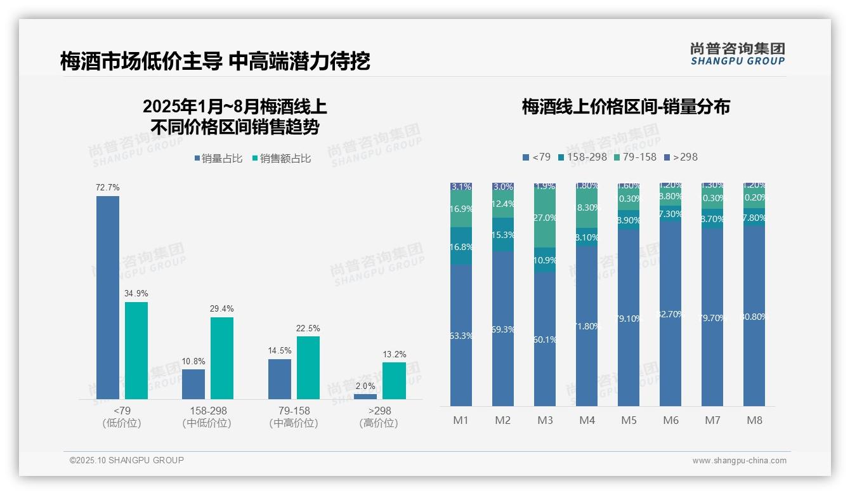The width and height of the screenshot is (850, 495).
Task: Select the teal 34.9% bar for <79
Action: pos(136,350)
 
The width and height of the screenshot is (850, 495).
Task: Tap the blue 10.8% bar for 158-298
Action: pos(193,384)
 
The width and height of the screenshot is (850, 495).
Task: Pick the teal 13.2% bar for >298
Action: pos(394,380)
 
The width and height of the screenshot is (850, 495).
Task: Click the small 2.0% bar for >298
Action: pos(365,396)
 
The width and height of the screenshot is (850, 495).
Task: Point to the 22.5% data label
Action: pos(308,329)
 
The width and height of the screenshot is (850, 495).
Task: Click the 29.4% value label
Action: pos(222,309)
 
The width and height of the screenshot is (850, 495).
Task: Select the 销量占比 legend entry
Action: pos(218,159)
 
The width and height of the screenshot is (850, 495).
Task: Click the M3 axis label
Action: pos(545,420)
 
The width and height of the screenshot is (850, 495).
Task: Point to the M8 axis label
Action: pos(754,420)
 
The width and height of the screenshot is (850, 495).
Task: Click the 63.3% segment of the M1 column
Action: pos(461,335)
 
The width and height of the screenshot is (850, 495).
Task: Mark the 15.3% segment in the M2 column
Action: pos(503,235)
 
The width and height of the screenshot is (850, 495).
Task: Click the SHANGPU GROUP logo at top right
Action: pos(737,54)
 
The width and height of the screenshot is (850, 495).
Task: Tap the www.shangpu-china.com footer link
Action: pos(739,461)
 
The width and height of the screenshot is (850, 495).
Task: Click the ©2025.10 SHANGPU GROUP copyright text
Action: pos(127,460)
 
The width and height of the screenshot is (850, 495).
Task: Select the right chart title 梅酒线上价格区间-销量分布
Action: pos(625,107)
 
